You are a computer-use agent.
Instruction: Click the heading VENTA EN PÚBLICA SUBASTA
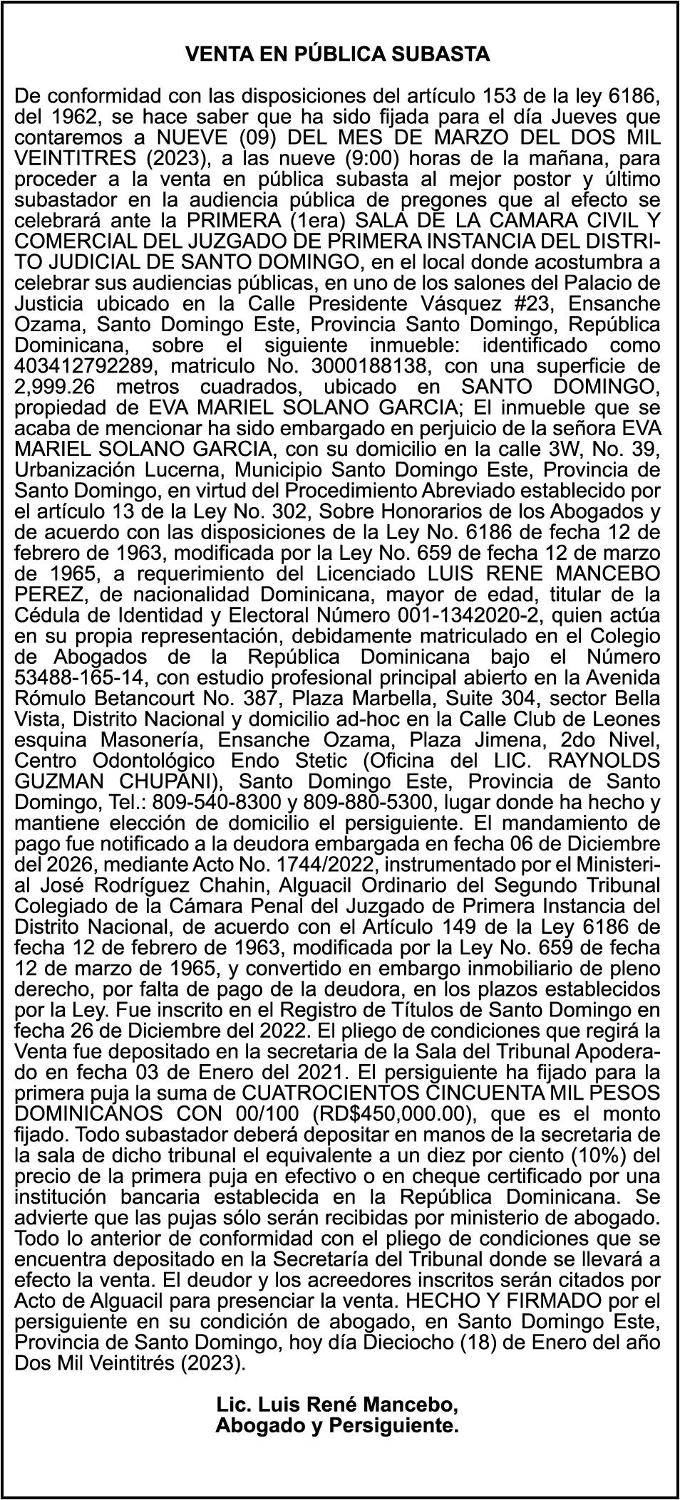[337, 54]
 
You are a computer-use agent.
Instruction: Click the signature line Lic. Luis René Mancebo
[336, 1405]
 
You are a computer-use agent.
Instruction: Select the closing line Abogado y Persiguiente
[336, 1427]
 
